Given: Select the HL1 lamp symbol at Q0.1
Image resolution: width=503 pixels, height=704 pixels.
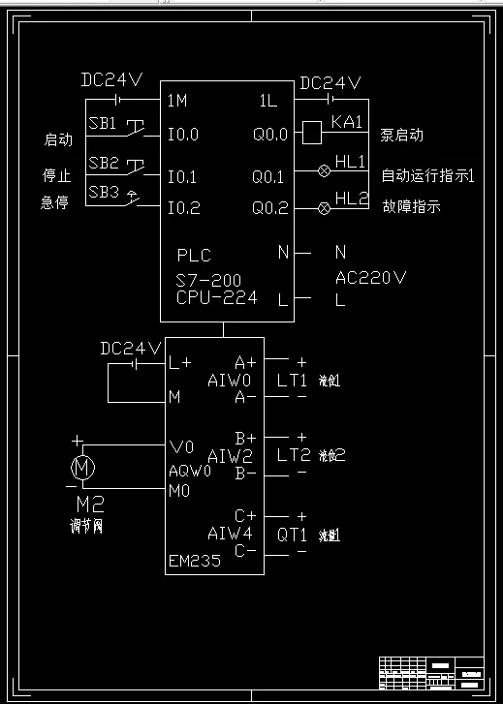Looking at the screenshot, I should tap(325, 170).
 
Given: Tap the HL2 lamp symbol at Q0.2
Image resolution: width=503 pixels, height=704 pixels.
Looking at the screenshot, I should tap(325, 208).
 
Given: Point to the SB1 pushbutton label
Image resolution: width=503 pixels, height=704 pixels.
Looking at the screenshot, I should tap(103, 124).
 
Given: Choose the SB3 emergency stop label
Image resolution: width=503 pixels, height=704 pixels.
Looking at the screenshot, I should tap(103, 193).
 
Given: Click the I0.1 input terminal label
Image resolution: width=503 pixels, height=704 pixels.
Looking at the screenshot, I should tap(182, 177).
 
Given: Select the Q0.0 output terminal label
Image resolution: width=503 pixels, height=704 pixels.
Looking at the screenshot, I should tap(270, 135).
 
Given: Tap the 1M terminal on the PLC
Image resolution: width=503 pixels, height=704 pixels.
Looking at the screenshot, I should tap(176, 100).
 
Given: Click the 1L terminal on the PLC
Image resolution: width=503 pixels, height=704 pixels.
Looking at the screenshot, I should tap(268, 100).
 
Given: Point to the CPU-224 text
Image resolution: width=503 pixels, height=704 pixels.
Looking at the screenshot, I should tap(217, 298).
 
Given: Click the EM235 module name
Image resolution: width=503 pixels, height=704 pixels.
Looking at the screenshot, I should tap(194, 560).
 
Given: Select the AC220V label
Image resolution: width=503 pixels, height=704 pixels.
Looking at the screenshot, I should tap(370, 278).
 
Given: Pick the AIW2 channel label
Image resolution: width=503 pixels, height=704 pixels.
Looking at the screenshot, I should tap(230, 455).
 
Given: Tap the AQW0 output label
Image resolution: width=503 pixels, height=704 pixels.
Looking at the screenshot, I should tap(190, 471).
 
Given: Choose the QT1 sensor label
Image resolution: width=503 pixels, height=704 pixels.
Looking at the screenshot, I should tap(292, 534).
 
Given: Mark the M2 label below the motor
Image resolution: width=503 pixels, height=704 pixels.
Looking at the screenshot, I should tap(90, 505).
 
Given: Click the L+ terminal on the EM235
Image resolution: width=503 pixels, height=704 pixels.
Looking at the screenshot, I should tap(180, 363).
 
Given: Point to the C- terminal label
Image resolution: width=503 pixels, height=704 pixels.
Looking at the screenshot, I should tap(245, 551).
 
